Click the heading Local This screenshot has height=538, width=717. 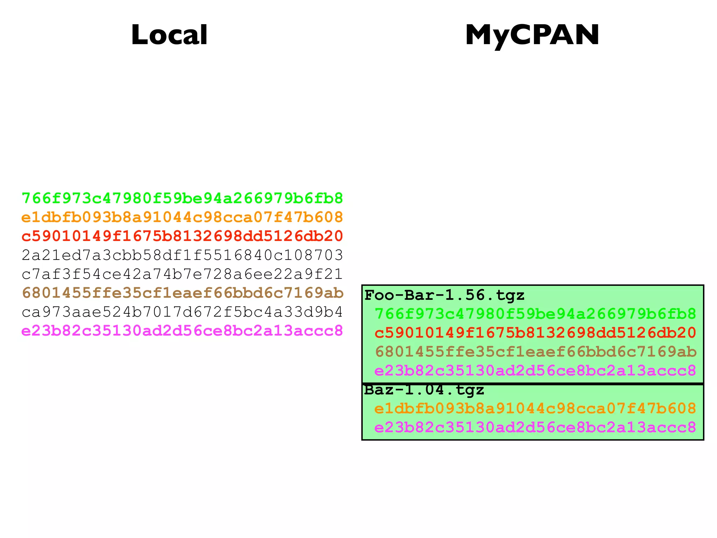pyautogui.click(x=169, y=35)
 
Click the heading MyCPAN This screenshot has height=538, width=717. pyautogui.click(x=532, y=35)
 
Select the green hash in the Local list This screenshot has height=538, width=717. pyautogui.click(x=182, y=199)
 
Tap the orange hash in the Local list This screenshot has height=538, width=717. pyautogui.click(x=182, y=218)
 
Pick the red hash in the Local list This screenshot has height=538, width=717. pyautogui.click(x=182, y=236)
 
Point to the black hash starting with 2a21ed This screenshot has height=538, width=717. pyautogui.click(x=182, y=255)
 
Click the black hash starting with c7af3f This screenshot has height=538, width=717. pyautogui.click(x=182, y=274)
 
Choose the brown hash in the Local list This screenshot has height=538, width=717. pyautogui.click(x=182, y=293)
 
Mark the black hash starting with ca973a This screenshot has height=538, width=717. pyautogui.click(x=182, y=312)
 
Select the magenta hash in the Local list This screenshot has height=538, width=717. pyautogui.click(x=182, y=331)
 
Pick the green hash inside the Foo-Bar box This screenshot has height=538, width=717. pyautogui.click(x=535, y=314)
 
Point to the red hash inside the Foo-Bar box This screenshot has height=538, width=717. pyautogui.click(x=535, y=333)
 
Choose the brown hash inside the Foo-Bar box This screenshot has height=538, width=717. pyautogui.click(x=535, y=352)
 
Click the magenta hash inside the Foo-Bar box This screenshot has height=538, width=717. pyautogui.click(x=535, y=371)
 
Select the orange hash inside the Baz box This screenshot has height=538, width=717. pyautogui.click(x=535, y=409)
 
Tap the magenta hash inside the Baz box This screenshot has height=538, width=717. pyautogui.click(x=535, y=428)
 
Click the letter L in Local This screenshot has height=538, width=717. pyautogui.click(x=139, y=35)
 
